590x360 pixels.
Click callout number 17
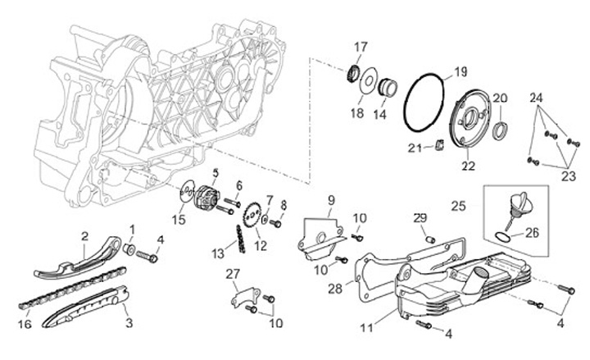(x=361, y=46)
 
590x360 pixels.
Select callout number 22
(x=468, y=166)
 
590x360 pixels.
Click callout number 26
(x=532, y=233)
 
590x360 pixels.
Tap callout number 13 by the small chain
(x=217, y=252)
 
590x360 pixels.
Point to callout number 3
(x=128, y=323)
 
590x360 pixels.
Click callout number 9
(x=332, y=200)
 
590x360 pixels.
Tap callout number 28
(x=334, y=289)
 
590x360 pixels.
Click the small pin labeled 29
(x=428, y=239)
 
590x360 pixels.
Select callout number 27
(x=232, y=274)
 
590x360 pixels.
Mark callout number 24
(x=537, y=98)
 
